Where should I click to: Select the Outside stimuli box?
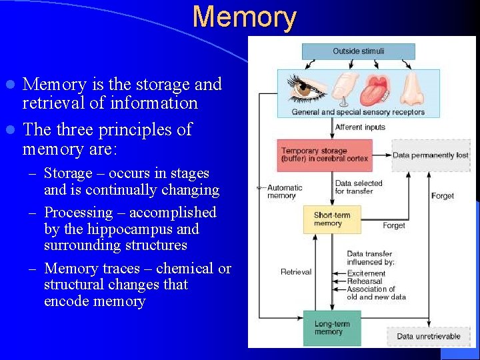[358, 51]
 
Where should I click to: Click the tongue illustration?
[377, 90]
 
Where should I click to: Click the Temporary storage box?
[324, 155]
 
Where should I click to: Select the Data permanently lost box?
[430, 155]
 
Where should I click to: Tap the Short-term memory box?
[331, 219]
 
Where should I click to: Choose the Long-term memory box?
[331, 327]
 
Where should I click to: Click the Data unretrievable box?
[429, 336]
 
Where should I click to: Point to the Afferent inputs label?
[360, 127]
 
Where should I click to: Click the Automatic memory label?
[284, 192]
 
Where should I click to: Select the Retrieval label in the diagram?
[296, 272]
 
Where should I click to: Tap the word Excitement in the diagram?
[366, 273]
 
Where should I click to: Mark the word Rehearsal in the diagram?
[365, 281]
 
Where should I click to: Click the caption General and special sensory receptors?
[358, 112]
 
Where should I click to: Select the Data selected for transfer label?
[359, 187]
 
